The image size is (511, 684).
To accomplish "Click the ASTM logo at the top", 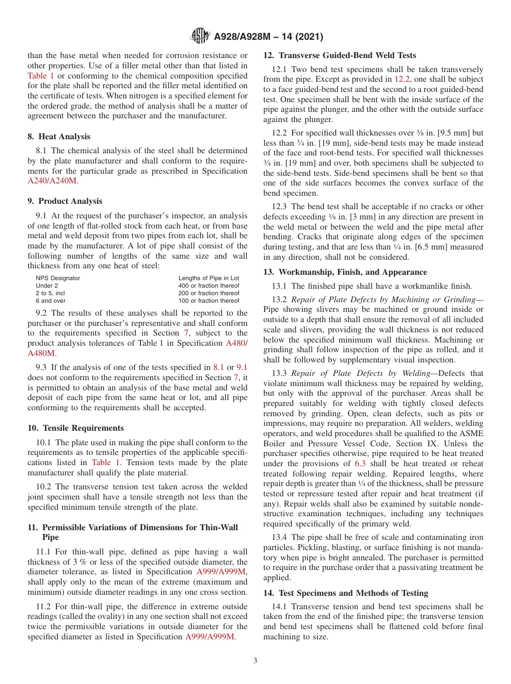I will click(200, 37).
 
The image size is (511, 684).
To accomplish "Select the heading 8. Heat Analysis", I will click(59, 137).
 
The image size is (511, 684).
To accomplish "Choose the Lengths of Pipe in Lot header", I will click(209, 278).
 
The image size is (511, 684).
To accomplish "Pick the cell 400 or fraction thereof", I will click(209, 286).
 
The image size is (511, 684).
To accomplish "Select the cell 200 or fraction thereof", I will click(209, 293).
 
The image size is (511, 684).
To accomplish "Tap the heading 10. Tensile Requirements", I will click(75, 428).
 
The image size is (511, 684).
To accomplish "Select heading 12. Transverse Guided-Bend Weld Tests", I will click(339, 55).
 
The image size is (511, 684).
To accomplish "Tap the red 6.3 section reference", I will click(360, 463).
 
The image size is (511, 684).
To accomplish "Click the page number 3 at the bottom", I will click(256, 661).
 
